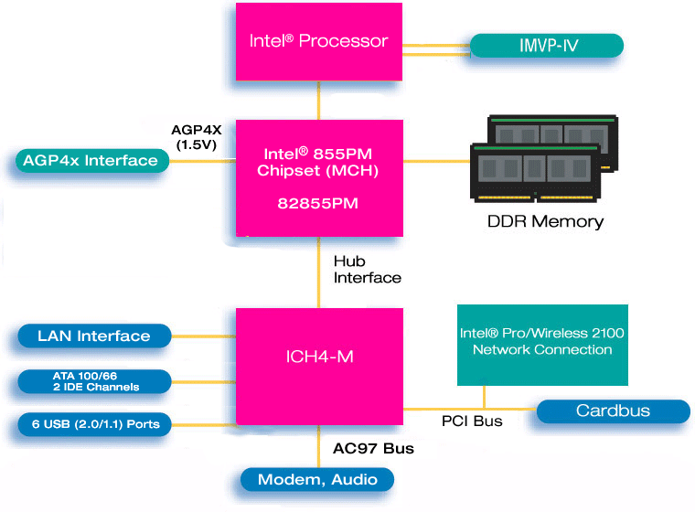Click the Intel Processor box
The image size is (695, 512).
[318, 41]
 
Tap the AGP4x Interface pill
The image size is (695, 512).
[91, 161]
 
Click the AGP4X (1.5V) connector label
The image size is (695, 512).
[196, 138]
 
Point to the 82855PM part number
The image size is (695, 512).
[318, 204]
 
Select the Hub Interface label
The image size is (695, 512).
[367, 270]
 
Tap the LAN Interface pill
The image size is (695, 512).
[93, 336]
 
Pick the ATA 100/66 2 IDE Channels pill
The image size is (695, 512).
[93, 381]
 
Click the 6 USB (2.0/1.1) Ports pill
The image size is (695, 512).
[93, 424]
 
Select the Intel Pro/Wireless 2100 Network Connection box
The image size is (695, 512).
[542, 343]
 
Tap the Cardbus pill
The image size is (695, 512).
[613, 411]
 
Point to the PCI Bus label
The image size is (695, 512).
[472, 421]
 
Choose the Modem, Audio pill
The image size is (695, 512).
[317, 479]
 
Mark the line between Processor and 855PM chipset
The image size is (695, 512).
[318, 100]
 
